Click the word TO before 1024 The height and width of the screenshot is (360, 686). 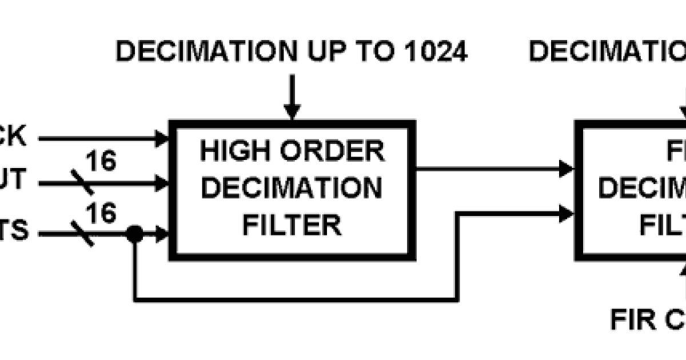tap(373, 51)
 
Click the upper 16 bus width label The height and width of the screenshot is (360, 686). tap(101, 161)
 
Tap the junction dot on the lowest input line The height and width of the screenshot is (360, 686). tap(134, 233)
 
